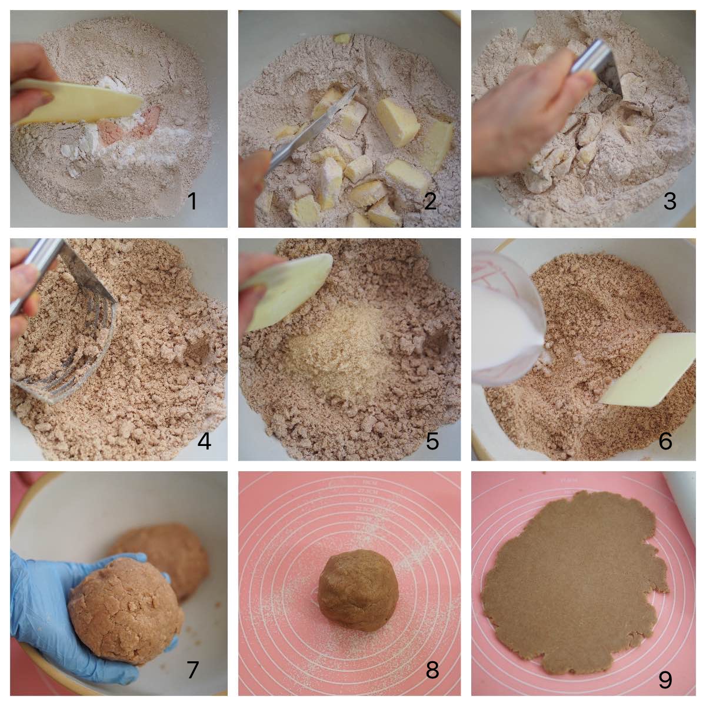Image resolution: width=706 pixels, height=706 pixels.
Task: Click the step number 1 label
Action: [x=192, y=202]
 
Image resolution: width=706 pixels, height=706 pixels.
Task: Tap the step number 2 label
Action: [x=430, y=202]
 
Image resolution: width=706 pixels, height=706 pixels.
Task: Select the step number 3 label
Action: [x=670, y=202]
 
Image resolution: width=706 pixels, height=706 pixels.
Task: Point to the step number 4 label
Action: [x=204, y=441]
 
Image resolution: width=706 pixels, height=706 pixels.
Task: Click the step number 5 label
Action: [x=432, y=441]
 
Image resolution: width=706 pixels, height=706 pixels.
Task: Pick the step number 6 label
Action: [x=665, y=441]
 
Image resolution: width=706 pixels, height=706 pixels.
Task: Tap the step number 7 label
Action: [x=192, y=670]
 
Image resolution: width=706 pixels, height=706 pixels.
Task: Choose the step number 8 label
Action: [x=432, y=670]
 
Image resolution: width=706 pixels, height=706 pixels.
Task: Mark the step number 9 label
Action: [x=665, y=680]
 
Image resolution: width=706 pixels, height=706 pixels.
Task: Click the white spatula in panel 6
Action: [x=647, y=371]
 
